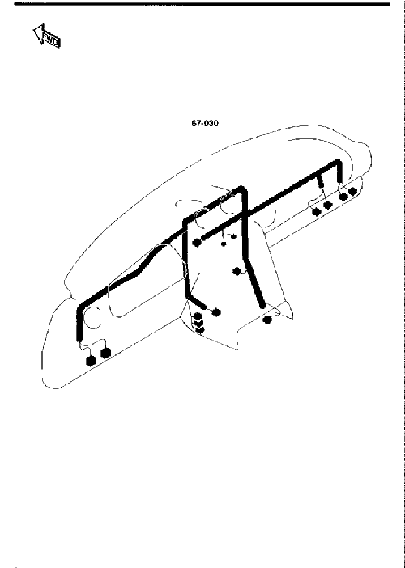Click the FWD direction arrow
(x=47, y=36)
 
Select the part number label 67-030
(x=205, y=124)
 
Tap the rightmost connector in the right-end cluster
(x=352, y=190)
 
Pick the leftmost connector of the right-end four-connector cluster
(x=317, y=212)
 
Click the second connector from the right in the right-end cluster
(x=343, y=197)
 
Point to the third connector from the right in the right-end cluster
(x=328, y=206)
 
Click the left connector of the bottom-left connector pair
(x=91, y=361)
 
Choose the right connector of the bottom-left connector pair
(x=105, y=353)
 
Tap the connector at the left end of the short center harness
(x=197, y=243)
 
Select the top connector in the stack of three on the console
(x=198, y=316)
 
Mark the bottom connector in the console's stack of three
(x=200, y=329)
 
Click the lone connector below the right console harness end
(x=267, y=320)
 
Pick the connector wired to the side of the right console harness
(x=237, y=271)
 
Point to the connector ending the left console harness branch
(x=216, y=312)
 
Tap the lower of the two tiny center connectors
(x=224, y=244)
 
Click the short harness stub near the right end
(x=320, y=181)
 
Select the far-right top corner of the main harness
(x=339, y=161)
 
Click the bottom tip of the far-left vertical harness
(x=79, y=339)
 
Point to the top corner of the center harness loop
(x=241, y=188)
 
